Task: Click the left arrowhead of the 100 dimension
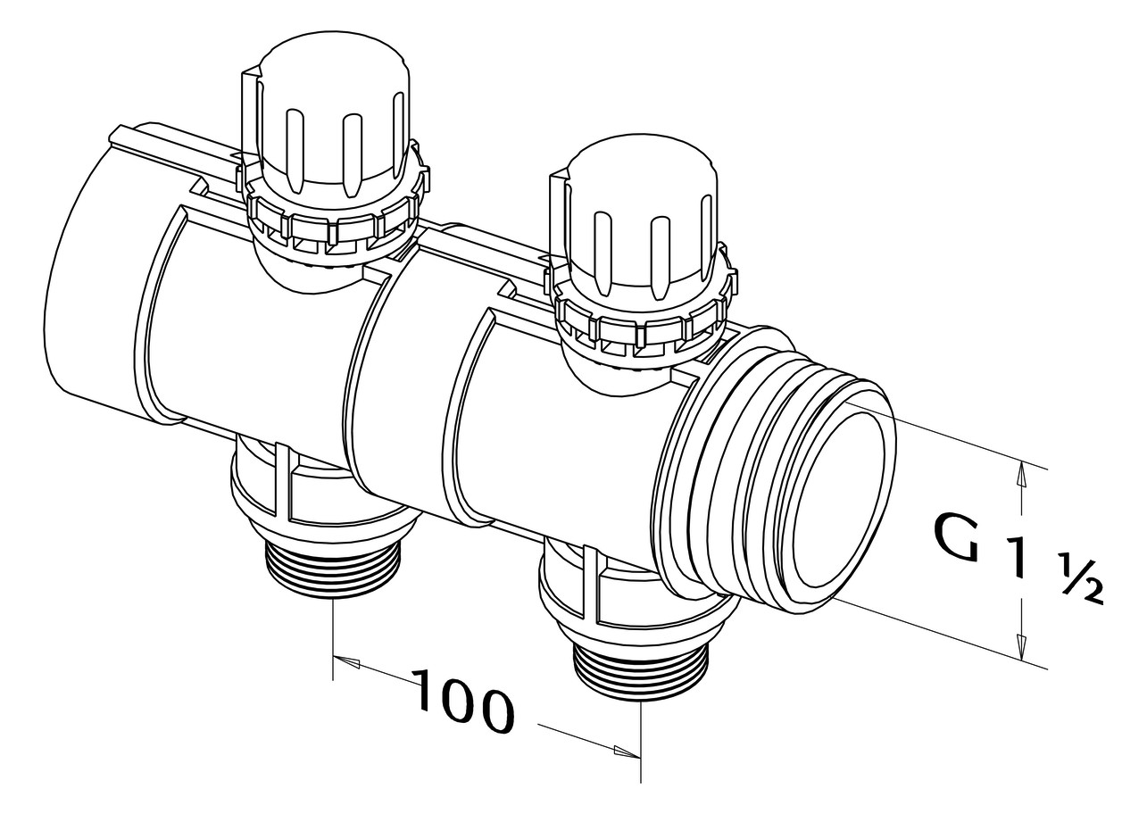pos(345,662)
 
